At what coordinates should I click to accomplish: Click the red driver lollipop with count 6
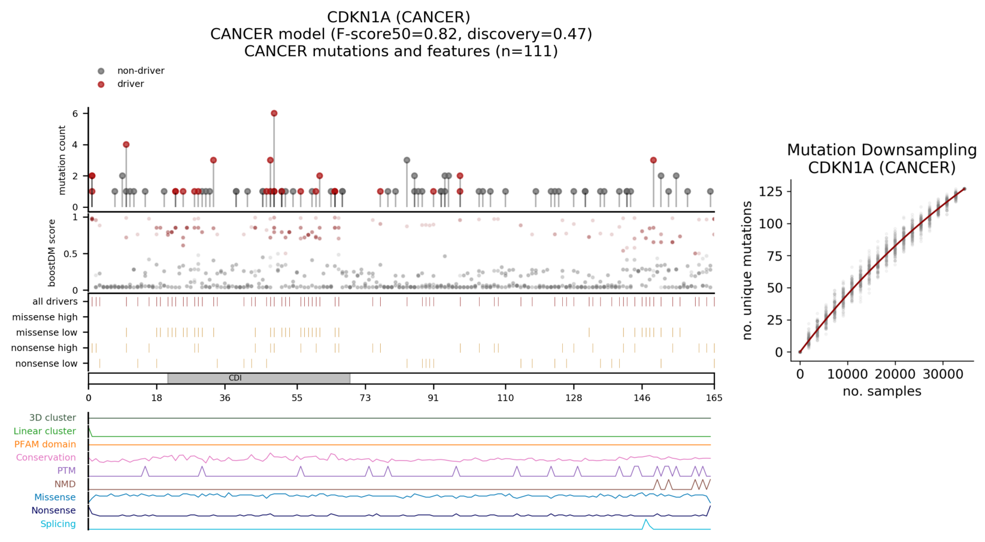[274, 113]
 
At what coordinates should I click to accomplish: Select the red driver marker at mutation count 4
[126, 144]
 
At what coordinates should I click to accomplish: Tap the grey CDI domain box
[259, 379]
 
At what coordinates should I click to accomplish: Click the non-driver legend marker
[101, 71]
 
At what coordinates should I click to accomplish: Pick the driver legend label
[131, 84]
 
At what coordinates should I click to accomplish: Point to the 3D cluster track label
[52, 418]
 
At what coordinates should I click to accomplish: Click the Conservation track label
[46, 458]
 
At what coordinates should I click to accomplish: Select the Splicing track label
[57, 524]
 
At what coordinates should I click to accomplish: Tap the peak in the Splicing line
[645, 520]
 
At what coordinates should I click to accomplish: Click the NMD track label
[65, 484]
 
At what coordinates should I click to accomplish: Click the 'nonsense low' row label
[46, 364]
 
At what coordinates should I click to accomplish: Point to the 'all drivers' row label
[54, 302]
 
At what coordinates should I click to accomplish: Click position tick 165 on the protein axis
[714, 398]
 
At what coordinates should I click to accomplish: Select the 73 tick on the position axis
[365, 398]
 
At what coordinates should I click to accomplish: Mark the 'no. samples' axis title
[881, 392]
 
